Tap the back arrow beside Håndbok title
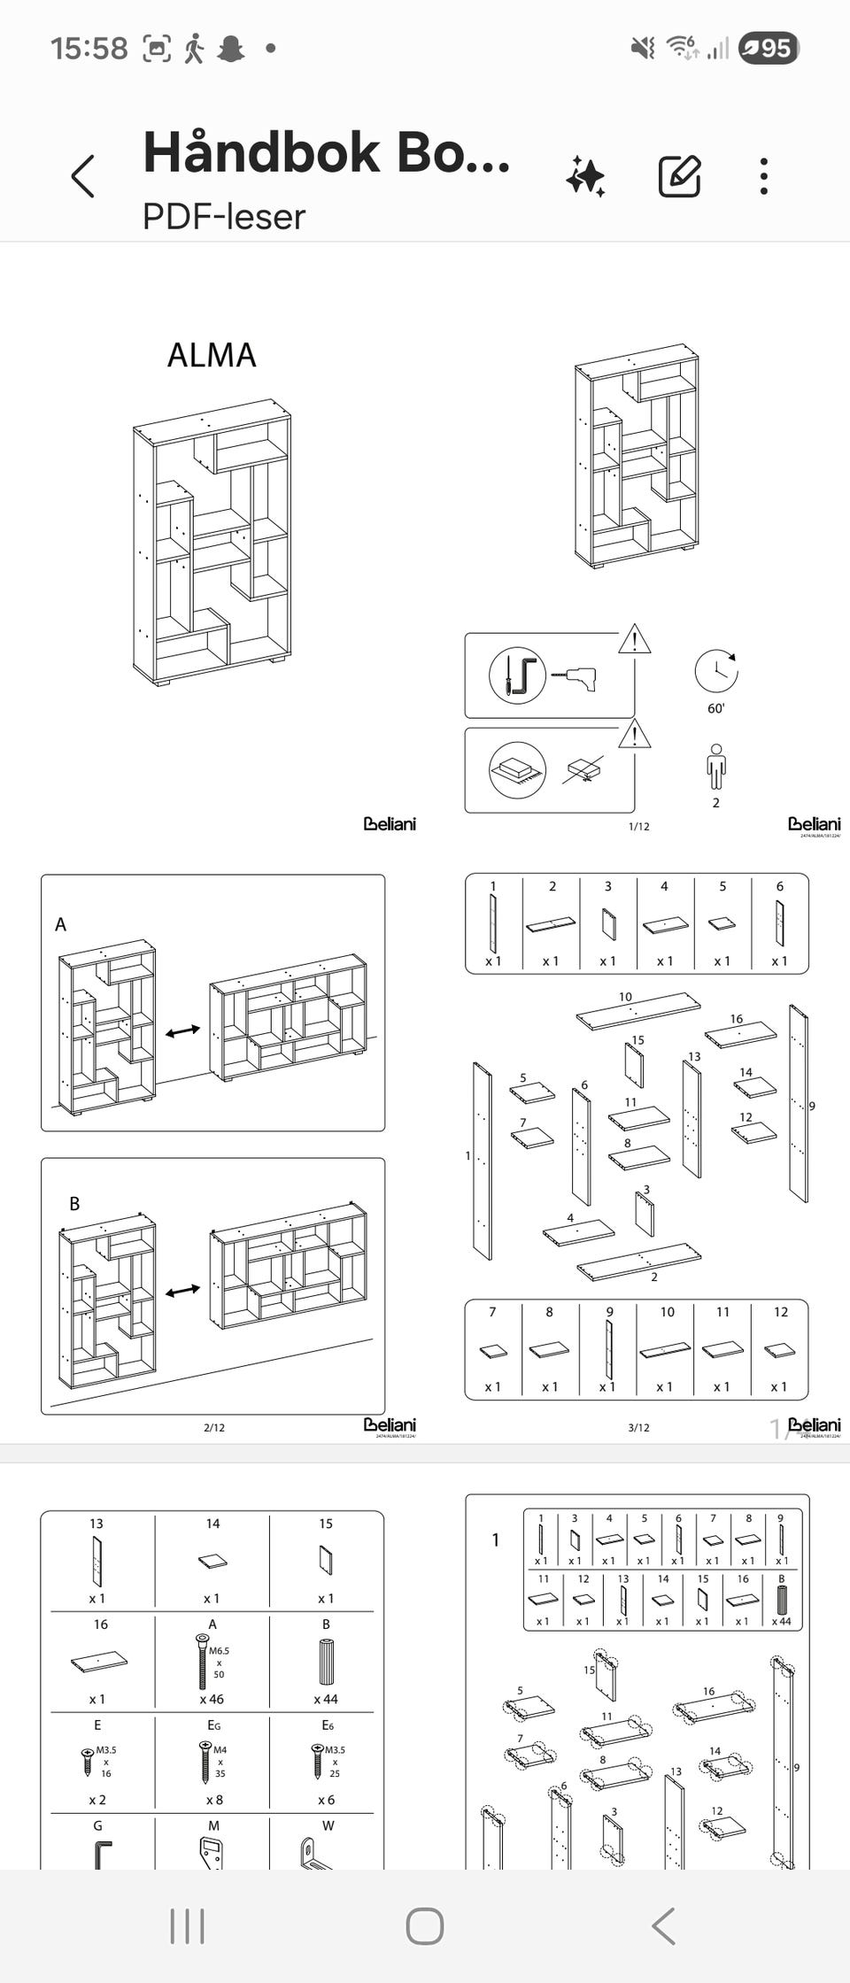click(x=83, y=175)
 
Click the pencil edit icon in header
click(x=680, y=175)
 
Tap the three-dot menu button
click(x=763, y=175)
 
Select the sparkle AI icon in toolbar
click(x=585, y=175)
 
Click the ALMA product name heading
click(x=212, y=355)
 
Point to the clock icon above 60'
click(x=715, y=671)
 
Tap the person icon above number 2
click(x=715, y=767)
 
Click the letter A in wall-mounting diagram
click(x=60, y=924)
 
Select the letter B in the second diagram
click(x=74, y=1204)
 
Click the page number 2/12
click(x=214, y=1427)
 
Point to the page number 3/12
click(x=638, y=1427)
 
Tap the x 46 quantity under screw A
click(x=212, y=1699)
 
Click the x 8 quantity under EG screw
click(x=212, y=1800)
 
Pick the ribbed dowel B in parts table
click(x=326, y=1662)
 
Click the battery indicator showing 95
click(x=769, y=48)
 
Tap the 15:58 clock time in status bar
click(x=89, y=48)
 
